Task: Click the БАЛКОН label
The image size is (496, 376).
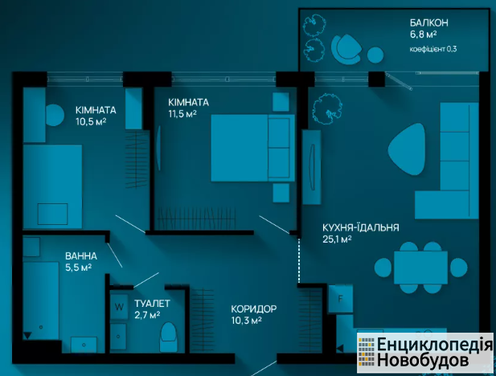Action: pos(429,22)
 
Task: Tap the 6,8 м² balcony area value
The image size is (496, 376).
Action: pos(423,35)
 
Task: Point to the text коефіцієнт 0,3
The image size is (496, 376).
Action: pos(433,49)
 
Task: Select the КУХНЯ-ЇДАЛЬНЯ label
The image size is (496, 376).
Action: pos(361,227)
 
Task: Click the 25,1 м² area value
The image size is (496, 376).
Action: pos(337,239)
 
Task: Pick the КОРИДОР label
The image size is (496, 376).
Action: pos(254,309)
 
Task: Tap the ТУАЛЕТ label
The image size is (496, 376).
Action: pos(152,304)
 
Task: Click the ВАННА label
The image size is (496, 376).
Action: pos(81,255)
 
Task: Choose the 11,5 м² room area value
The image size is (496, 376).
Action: pos(182,114)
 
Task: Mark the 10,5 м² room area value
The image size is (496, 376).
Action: pos(91,121)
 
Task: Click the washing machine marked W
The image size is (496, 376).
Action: pos(119,306)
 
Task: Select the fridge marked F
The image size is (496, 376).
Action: pos(340,299)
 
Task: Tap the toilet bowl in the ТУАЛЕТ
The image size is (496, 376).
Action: pos(168,336)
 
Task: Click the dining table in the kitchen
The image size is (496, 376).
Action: pos(420,268)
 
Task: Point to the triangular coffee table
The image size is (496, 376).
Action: pos(407,149)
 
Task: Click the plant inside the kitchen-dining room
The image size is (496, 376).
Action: pos(327,108)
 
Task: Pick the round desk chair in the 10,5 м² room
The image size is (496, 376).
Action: pos(55,115)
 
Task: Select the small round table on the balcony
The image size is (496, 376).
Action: pos(375,55)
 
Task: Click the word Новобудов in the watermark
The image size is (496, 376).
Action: pos(418,361)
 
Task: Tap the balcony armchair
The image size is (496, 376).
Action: pos(346,49)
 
